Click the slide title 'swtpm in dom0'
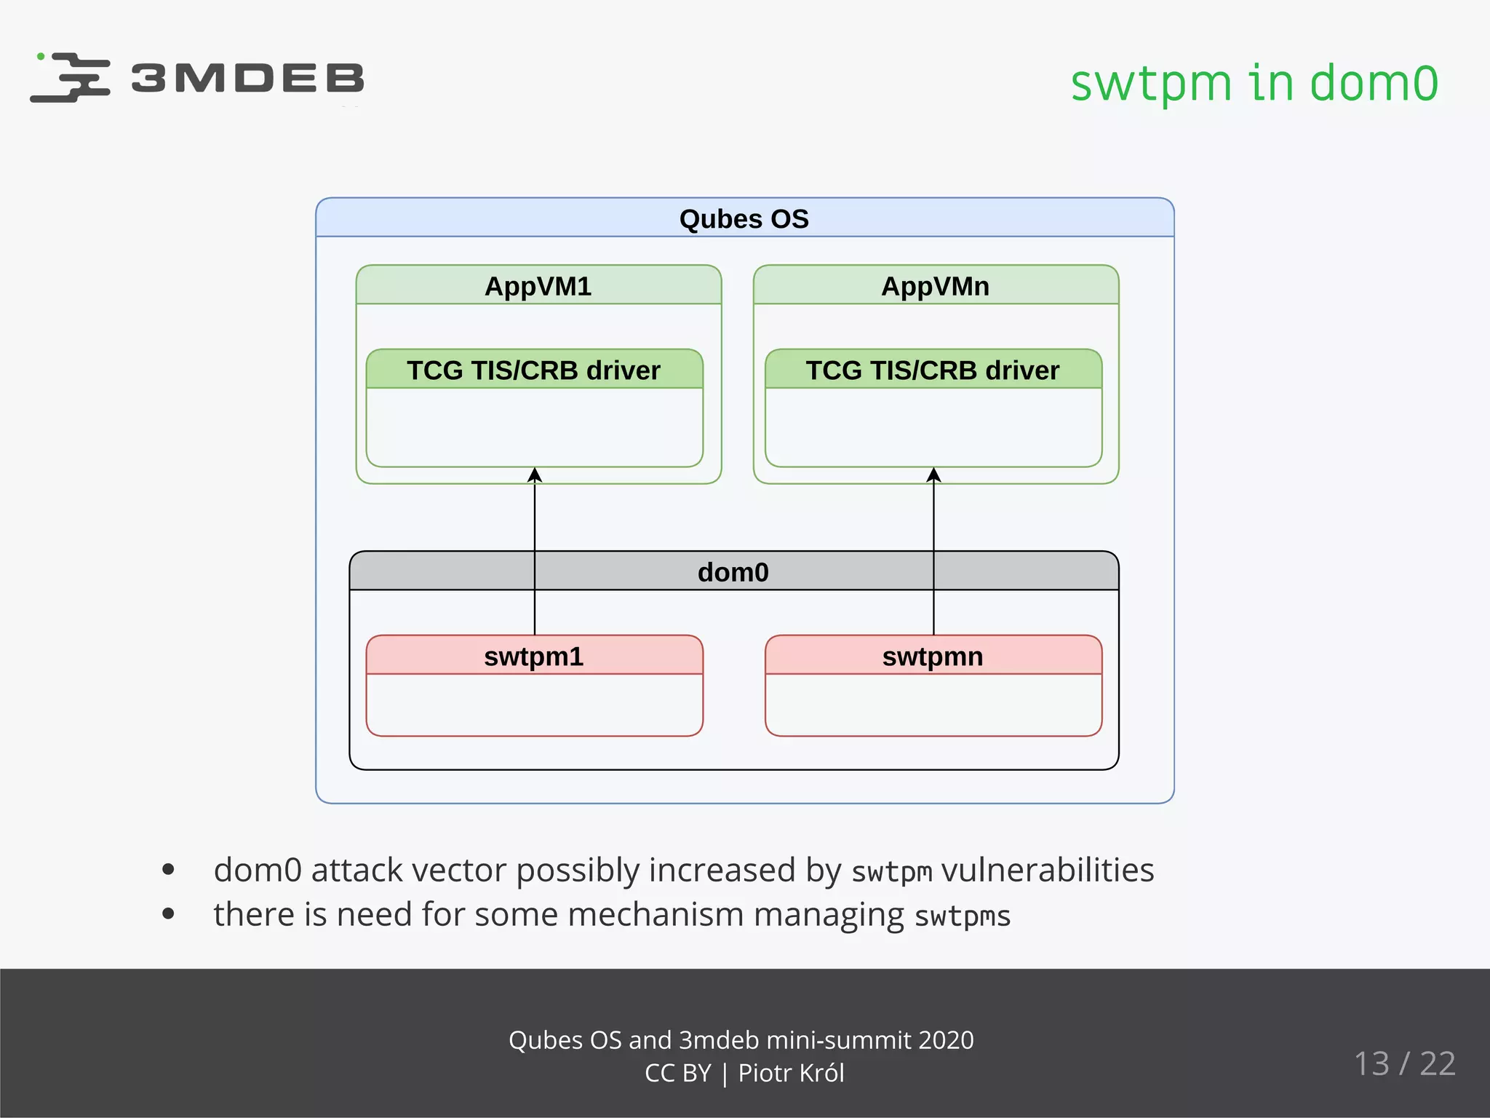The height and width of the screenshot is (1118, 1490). (1254, 82)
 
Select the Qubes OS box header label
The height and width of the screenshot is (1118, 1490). (744, 219)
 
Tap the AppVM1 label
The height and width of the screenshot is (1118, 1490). (538, 286)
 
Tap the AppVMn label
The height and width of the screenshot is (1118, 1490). (935, 286)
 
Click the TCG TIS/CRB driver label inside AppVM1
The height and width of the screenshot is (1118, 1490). (533, 370)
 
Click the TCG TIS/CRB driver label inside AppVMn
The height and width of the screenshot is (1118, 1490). (932, 370)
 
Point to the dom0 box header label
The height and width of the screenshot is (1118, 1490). (733, 572)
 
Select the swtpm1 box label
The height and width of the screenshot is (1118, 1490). (533, 657)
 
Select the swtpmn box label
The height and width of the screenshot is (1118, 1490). (932, 657)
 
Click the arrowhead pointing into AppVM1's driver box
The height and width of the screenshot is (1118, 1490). (535, 475)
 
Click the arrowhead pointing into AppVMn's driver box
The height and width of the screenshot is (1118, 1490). (934, 475)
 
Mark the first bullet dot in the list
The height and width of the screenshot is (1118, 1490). (169, 869)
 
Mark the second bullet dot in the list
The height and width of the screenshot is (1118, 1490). (169, 913)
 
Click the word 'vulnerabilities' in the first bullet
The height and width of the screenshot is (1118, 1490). (1047, 870)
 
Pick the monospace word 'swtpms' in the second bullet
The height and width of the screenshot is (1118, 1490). (962, 916)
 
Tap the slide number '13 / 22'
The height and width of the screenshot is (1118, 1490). (1404, 1063)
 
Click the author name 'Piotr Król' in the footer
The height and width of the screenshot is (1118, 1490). (791, 1073)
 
